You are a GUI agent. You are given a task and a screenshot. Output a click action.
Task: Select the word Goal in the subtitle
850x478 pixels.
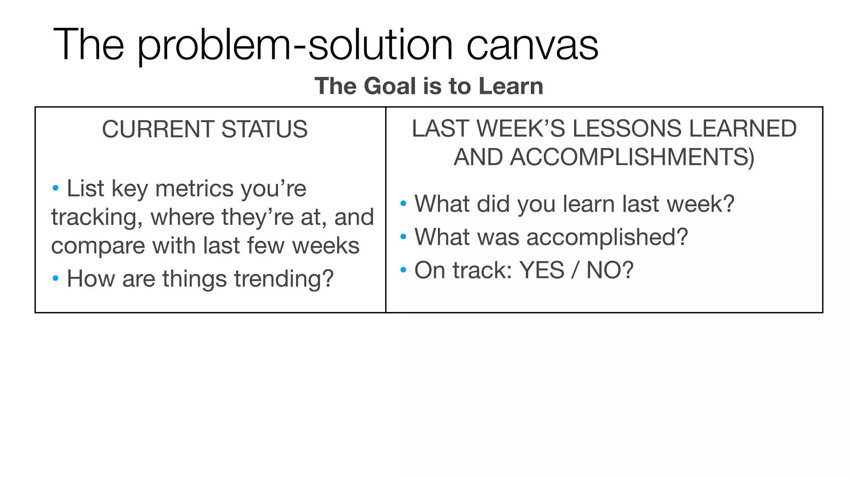tap(390, 86)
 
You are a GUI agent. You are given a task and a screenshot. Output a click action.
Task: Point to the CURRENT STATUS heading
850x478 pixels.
tap(205, 129)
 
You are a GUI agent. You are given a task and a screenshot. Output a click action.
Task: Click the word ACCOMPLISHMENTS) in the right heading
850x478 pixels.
tap(604, 157)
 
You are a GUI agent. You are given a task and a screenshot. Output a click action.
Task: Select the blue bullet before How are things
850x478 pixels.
tap(56, 278)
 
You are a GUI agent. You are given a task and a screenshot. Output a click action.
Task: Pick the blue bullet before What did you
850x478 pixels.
tap(403, 204)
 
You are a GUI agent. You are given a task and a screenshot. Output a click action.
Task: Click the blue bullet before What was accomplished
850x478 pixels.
tap(403, 237)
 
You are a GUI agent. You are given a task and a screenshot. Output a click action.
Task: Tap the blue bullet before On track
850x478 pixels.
tap(403, 270)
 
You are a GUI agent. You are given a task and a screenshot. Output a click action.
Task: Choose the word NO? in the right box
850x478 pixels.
tap(610, 270)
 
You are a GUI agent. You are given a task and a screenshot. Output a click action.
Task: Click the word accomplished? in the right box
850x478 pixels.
tap(607, 238)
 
